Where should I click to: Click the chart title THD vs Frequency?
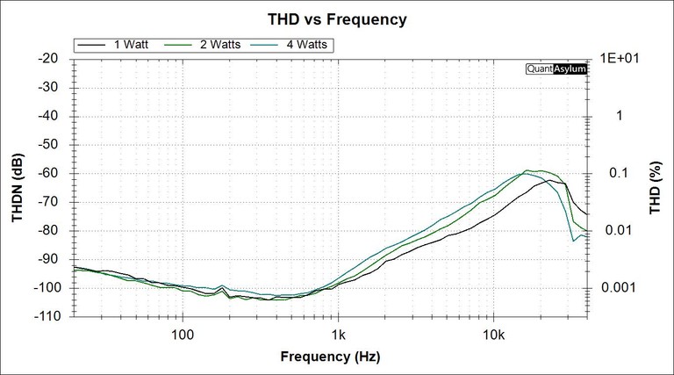pyautogui.click(x=337, y=18)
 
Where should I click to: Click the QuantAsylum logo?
pyautogui.click(x=556, y=69)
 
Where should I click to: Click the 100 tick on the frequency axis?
pyautogui.click(x=182, y=335)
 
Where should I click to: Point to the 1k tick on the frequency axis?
pyautogui.click(x=338, y=335)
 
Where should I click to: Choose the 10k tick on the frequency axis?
pyautogui.click(x=493, y=335)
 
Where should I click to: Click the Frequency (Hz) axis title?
pyautogui.click(x=332, y=357)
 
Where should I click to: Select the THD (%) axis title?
pyautogui.click(x=655, y=186)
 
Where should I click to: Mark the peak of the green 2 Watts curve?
pyautogui.click(x=530, y=170)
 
